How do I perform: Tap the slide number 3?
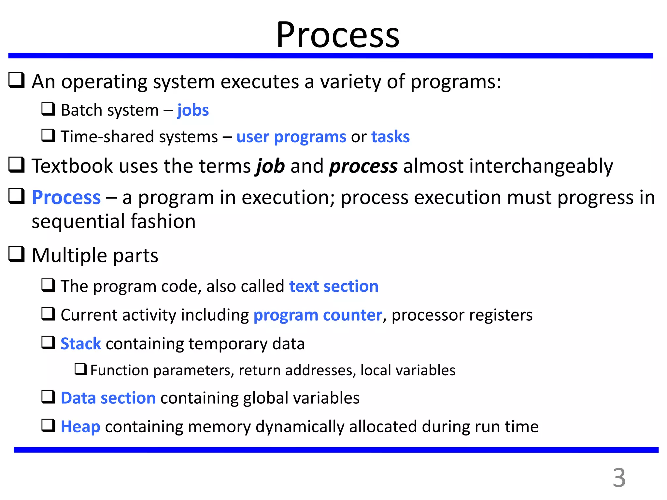(619, 478)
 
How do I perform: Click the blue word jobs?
(193, 110)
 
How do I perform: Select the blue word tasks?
(390, 137)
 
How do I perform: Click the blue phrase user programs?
(291, 137)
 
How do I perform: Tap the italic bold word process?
(363, 166)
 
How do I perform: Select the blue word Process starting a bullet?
(66, 198)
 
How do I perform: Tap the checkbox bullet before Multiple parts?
(16, 255)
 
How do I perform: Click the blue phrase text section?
(333, 286)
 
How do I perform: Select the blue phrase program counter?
(318, 315)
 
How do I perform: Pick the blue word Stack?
(81, 344)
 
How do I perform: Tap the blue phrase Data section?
(108, 398)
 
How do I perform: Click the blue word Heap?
(80, 427)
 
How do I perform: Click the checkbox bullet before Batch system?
(48, 109)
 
